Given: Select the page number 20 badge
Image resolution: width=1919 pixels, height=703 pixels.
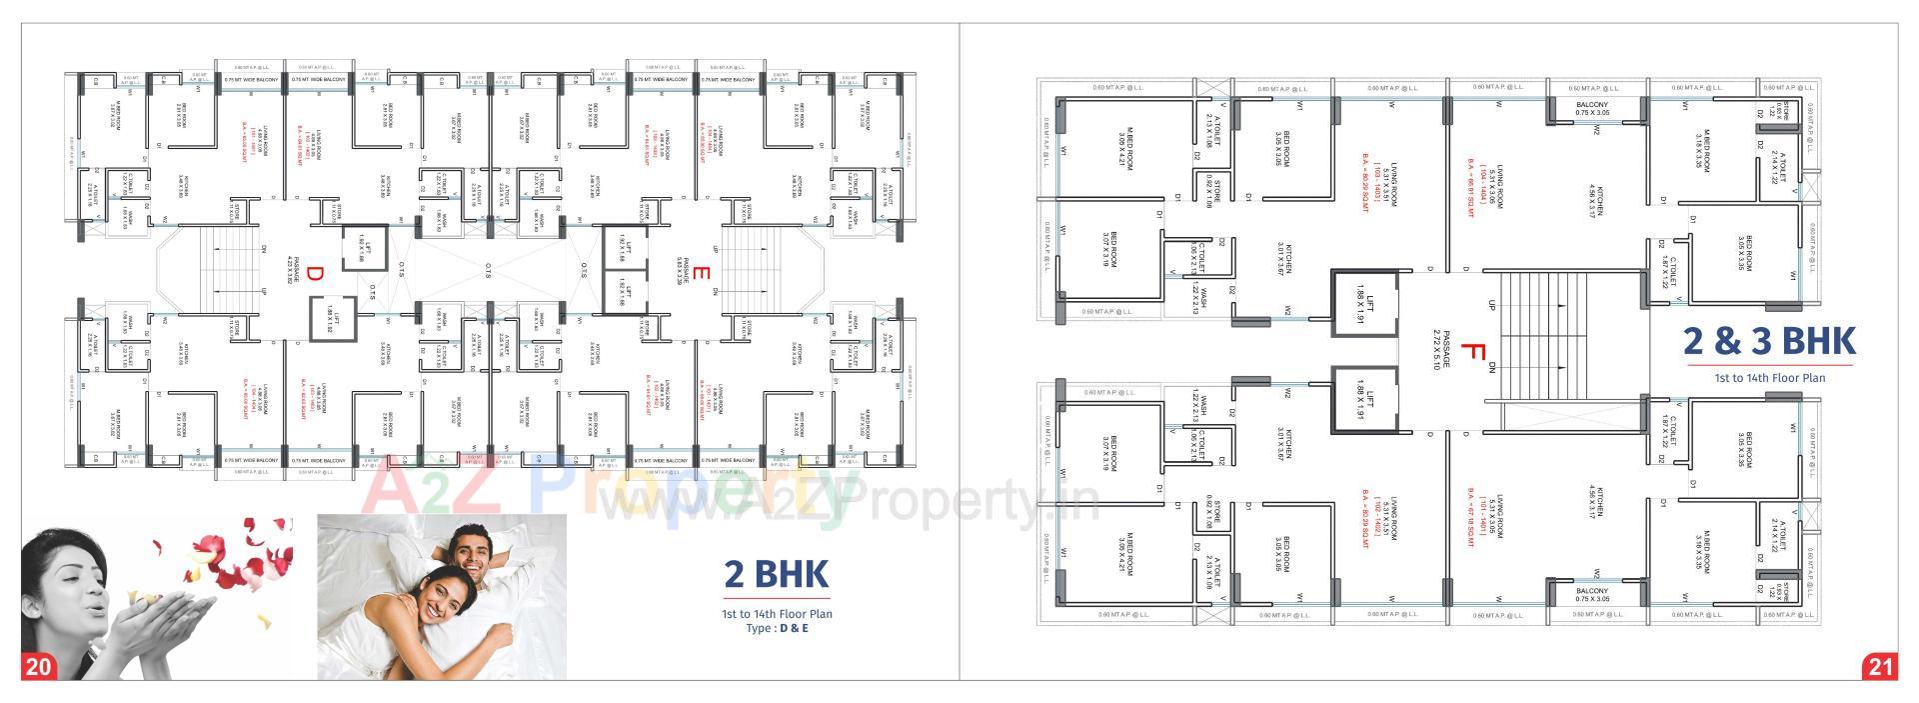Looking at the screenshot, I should pos(39,666).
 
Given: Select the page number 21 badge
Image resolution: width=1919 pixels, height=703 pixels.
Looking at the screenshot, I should pos(1880,666).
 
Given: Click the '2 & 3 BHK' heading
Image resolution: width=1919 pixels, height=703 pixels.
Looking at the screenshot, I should pos(1769,341).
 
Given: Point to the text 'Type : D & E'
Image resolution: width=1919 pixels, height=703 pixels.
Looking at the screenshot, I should pos(777,628).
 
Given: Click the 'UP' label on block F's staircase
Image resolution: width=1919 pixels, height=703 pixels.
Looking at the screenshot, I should pos(1491,304).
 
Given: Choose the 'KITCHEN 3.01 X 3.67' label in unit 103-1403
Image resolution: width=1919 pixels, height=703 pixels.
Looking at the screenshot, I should pos(1287,260).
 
